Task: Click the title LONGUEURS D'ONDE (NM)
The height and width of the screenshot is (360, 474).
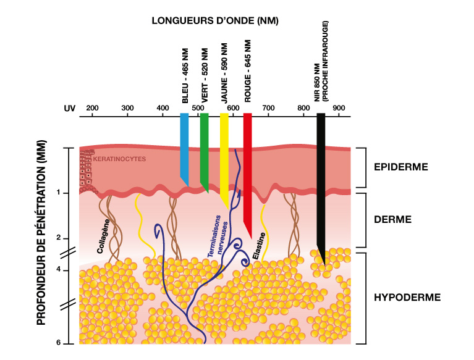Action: pyautogui.click(x=215, y=20)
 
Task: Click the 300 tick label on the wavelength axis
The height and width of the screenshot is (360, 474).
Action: pyautogui.click(x=127, y=108)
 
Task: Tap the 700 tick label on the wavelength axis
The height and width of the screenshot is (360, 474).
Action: pyautogui.click(x=268, y=108)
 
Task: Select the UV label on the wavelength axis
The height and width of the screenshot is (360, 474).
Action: pyautogui.click(x=70, y=109)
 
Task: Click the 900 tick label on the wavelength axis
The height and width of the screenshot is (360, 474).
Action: pyautogui.click(x=339, y=108)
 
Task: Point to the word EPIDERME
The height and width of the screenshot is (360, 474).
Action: pyautogui.click(x=401, y=167)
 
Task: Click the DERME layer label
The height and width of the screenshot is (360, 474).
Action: pyautogui.click(x=392, y=219)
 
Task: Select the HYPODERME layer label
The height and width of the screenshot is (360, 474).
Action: pyautogui.click(x=407, y=298)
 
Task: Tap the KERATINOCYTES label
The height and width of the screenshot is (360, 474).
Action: pyautogui.click(x=119, y=159)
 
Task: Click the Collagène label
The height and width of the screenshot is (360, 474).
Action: pyautogui.click(x=103, y=236)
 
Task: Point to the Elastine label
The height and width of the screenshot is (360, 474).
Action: pyautogui.click(x=259, y=246)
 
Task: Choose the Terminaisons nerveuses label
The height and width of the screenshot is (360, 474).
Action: pyautogui.click(x=218, y=236)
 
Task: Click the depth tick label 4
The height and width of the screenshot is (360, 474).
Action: pyautogui.click(x=58, y=269)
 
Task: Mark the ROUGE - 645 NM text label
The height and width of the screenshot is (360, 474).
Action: pyautogui.click(x=248, y=71)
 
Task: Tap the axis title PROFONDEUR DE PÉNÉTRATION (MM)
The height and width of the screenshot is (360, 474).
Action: pyautogui.click(x=41, y=233)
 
